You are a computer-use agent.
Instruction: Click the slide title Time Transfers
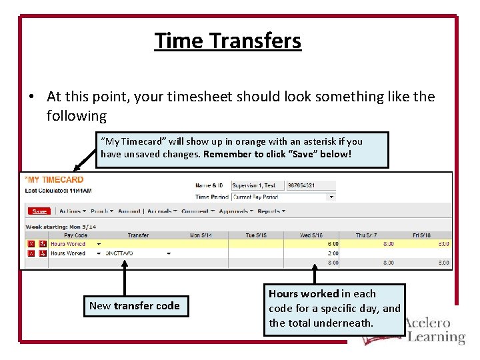pos(228,41)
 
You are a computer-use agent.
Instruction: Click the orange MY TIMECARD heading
pos(55,179)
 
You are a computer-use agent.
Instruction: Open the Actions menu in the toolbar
pos(70,211)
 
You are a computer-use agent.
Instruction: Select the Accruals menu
pos(162,211)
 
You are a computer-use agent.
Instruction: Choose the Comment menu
pos(197,211)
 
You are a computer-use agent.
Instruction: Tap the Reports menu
pos(271,211)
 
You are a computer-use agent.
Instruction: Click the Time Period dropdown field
pos(283,197)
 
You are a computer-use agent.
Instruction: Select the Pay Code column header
pos(75,235)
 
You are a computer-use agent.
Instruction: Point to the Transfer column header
pos(138,235)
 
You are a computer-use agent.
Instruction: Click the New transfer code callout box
pos(135,306)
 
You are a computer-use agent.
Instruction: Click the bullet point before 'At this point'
pos(31,97)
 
